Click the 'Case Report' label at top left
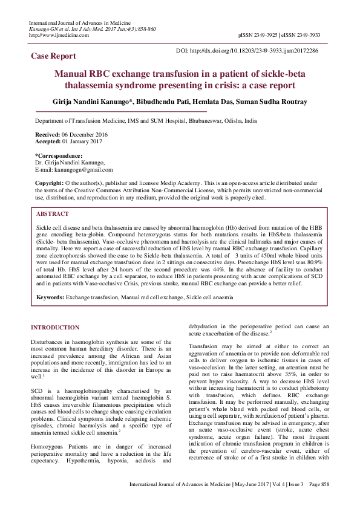[53, 56]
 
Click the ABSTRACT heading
[52, 214]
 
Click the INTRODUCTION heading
[54, 328]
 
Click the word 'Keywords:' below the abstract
[50, 297]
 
